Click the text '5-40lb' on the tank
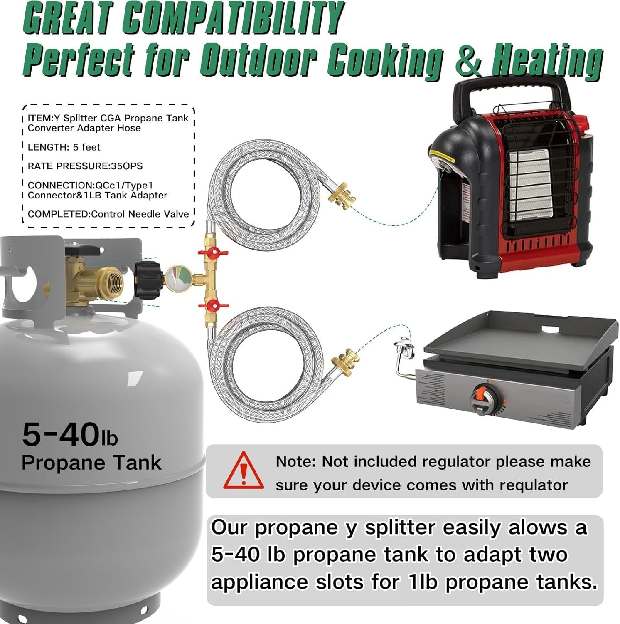[70, 434]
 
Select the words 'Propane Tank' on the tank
[91, 463]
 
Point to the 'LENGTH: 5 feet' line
[64, 147]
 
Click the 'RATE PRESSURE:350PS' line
[85, 166]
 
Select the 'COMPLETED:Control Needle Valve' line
[108, 214]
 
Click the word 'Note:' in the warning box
[296, 461]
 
